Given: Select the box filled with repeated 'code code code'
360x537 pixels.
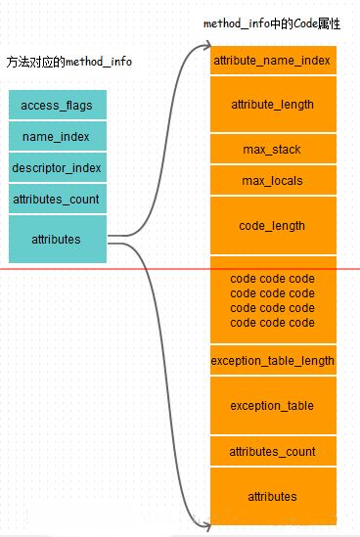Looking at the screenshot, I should coord(273,300).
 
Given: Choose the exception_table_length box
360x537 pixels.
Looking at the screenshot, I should coord(273,360).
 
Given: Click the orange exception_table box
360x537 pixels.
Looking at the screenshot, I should coord(273,405).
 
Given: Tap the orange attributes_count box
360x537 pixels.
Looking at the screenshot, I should coord(273,451).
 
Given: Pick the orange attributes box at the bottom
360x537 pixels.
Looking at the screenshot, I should coord(273,497).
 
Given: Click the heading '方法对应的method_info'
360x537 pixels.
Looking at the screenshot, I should coord(68,62).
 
